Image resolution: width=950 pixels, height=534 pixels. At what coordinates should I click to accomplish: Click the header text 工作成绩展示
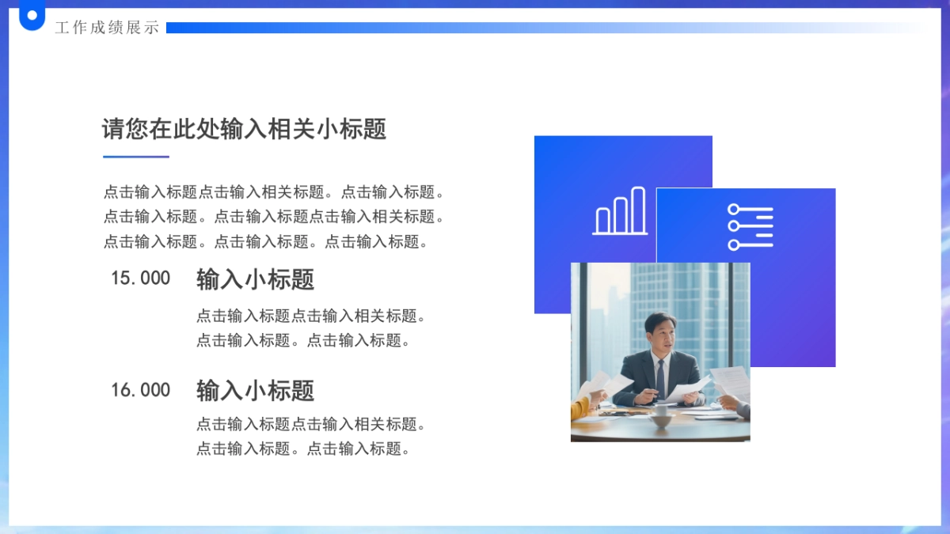point(107,28)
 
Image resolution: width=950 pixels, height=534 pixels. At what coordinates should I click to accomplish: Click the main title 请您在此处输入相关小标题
point(244,129)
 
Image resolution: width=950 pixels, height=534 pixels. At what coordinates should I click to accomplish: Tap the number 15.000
point(140,278)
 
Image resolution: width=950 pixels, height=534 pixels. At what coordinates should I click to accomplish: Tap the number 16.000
point(140,390)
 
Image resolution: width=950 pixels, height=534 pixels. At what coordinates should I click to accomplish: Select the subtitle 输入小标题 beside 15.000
point(255,279)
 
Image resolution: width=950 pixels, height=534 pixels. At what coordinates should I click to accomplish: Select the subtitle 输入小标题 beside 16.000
point(255,391)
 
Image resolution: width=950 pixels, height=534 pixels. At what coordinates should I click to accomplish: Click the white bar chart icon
point(620,212)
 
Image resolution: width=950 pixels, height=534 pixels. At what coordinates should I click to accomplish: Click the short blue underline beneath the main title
point(136,157)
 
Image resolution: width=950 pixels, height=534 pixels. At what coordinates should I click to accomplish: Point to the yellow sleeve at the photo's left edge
point(579,408)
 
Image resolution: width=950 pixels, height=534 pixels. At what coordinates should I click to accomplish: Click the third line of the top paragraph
point(268,242)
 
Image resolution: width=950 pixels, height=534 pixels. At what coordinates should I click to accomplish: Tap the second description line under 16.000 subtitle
point(304,449)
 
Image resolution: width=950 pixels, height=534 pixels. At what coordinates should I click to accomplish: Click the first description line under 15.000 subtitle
point(312,316)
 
